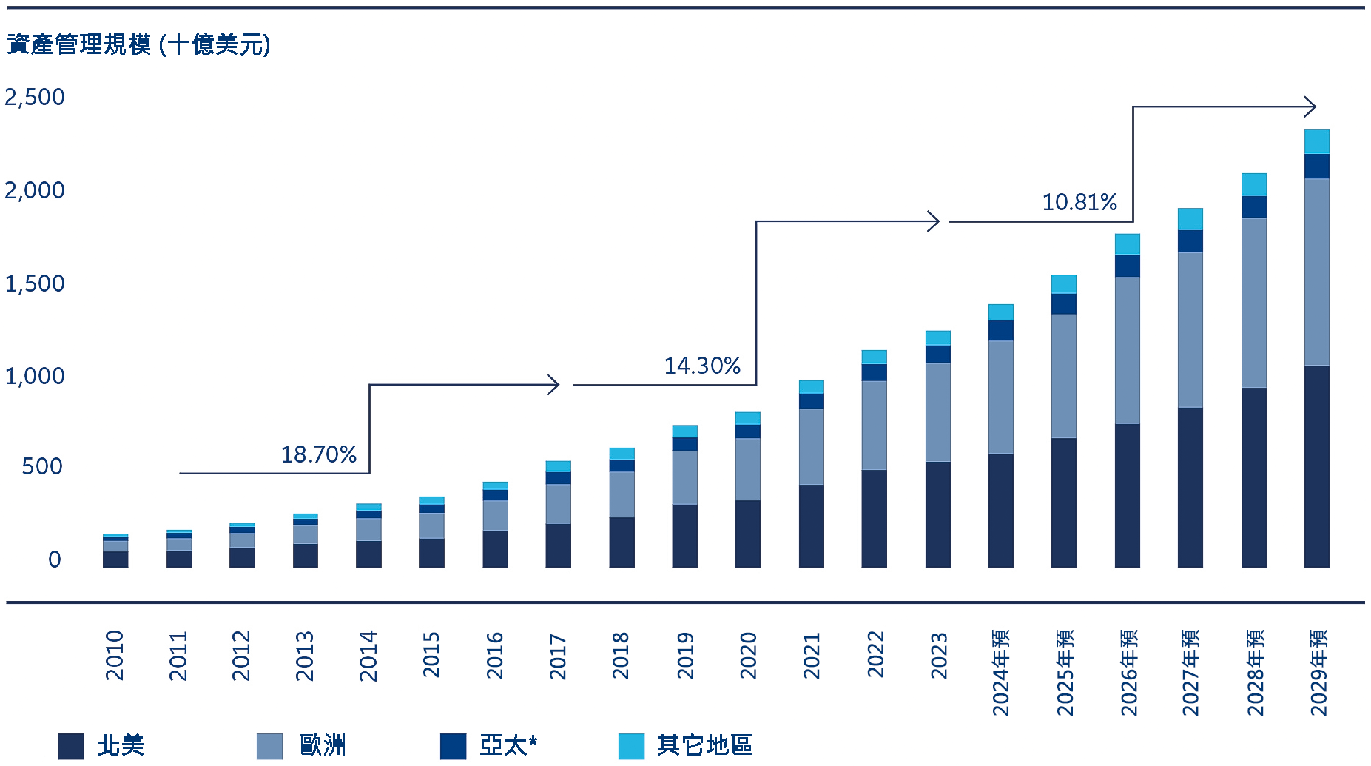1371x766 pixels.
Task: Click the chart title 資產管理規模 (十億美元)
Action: tap(138, 44)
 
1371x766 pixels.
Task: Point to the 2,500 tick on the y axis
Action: tap(35, 97)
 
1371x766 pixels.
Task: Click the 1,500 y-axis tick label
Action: tap(35, 283)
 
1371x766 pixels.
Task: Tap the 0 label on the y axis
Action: tap(54, 560)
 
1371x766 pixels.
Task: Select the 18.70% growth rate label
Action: tap(318, 454)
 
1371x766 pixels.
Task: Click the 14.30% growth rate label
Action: tap(702, 366)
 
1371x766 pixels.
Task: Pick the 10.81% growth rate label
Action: tap(1079, 202)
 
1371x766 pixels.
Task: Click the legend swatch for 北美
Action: tap(71, 746)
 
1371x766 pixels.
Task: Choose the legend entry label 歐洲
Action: tap(323, 745)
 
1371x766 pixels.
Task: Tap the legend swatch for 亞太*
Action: tap(453, 746)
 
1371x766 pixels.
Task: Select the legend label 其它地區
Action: tap(704, 745)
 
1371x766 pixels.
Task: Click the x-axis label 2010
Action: tap(115, 655)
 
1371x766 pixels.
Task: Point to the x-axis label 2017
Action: tap(558, 656)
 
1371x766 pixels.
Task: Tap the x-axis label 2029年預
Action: tap(1318, 672)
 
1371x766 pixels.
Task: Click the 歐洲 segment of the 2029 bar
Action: tap(1317, 272)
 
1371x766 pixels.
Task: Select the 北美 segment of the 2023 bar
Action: tap(937, 514)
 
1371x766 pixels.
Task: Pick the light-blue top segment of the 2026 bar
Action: tap(1127, 244)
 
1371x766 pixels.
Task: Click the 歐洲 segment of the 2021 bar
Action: tap(812, 446)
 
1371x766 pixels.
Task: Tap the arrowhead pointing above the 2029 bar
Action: tap(1310, 107)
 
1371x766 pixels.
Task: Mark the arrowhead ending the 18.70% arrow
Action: tap(553, 385)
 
